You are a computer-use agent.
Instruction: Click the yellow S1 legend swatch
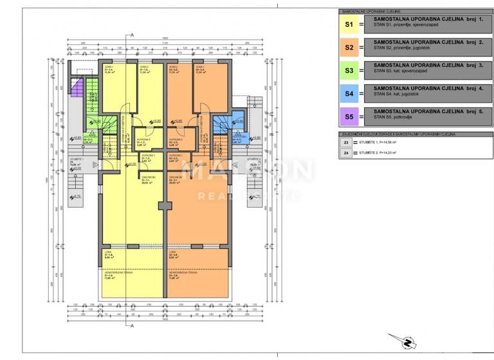pyautogui.click(x=350, y=24)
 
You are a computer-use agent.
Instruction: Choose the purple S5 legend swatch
pyautogui.click(x=350, y=117)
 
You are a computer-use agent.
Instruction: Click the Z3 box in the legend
pyautogui.click(x=346, y=143)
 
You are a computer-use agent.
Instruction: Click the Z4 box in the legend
pyautogui.click(x=346, y=153)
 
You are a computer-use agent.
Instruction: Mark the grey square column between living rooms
pyautogui.click(x=165, y=206)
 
